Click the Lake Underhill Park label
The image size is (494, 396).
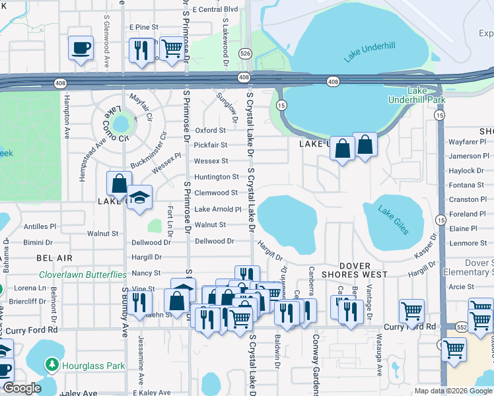[427, 95]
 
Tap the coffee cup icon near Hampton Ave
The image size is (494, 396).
[81, 48]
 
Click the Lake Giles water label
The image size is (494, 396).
[394, 220]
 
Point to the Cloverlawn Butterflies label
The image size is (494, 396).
[83, 275]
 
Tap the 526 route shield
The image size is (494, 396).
[246, 53]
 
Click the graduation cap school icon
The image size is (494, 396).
[139, 198]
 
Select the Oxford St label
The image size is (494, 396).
[211, 131]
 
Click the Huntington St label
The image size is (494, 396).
[216, 177]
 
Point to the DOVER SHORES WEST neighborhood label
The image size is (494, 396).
[355, 270]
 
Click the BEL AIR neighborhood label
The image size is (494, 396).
[54, 257]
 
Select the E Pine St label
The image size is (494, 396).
[144, 27]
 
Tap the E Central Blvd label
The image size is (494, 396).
[209, 9]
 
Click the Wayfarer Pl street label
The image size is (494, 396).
[467, 141]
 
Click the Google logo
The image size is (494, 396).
[21, 388]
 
